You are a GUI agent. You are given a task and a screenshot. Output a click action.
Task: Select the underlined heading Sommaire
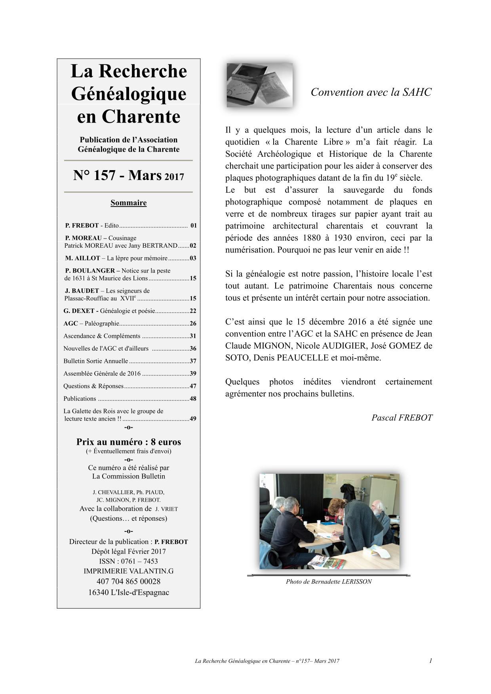128,203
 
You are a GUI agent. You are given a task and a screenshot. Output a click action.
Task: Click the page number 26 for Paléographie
193,324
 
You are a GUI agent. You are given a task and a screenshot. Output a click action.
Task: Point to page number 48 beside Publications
193,399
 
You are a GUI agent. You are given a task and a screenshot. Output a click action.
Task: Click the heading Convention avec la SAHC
371,92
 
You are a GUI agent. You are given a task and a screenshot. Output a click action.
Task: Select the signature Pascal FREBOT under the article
402,418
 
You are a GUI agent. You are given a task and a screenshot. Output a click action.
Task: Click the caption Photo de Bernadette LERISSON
329,582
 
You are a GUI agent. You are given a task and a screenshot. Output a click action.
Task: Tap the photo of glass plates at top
259,85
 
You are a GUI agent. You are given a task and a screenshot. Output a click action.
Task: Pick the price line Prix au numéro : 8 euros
128,442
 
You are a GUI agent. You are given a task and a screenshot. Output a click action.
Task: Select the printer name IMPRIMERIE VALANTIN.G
128,571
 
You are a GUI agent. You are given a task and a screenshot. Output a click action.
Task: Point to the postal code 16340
99,593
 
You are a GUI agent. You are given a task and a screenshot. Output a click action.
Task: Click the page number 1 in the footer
430,660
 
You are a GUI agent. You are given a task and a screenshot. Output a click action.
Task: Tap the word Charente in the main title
142,117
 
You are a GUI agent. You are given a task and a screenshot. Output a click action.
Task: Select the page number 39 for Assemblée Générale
193,374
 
